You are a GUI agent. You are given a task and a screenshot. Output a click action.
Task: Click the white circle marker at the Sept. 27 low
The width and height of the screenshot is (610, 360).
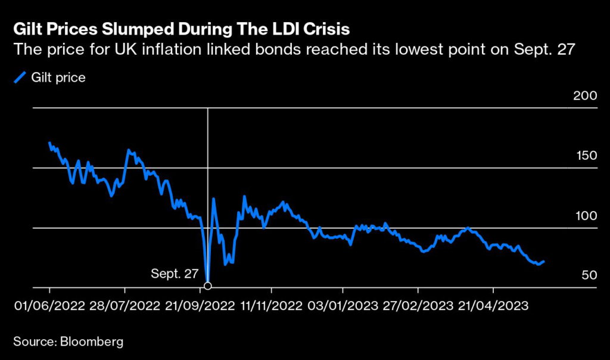207,285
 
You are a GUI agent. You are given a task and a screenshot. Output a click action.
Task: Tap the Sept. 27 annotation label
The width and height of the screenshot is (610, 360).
174,274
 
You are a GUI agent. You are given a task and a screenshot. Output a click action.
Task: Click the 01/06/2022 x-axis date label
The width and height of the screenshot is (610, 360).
49,306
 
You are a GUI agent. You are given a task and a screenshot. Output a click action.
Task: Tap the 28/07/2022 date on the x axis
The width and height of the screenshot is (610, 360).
125,306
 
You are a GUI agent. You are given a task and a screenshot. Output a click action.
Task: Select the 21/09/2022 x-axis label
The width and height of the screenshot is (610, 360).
199,306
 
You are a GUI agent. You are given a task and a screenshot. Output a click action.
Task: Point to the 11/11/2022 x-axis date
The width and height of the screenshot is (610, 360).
271,306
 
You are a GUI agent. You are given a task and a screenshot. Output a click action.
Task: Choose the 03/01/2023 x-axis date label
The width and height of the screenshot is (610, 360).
343,306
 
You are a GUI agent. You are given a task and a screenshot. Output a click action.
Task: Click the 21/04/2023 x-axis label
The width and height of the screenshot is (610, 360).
493,306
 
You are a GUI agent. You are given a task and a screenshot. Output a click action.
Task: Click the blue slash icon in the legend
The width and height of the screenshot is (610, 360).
21,77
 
